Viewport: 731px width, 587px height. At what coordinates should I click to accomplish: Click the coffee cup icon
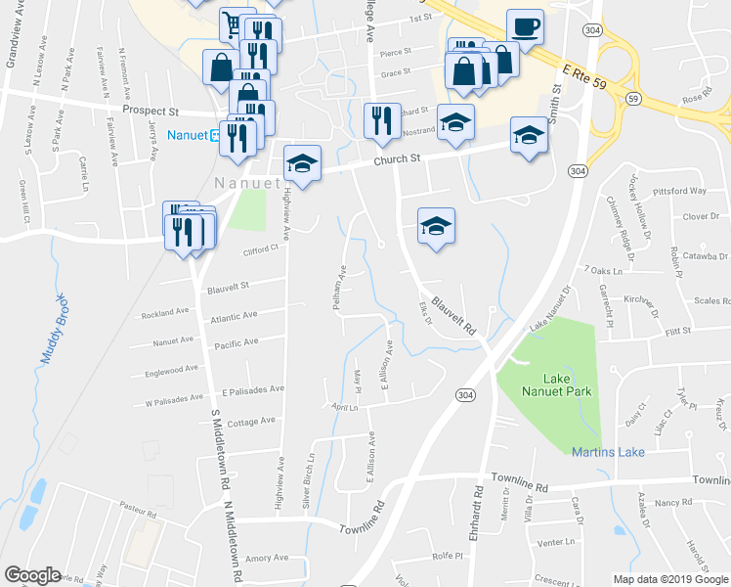click(x=525, y=27)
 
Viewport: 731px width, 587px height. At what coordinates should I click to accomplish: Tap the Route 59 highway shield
click(x=633, y=99)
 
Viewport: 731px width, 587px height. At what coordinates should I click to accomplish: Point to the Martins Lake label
click(x=600, y=450)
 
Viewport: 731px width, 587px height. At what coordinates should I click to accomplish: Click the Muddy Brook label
click(x=51, y=330)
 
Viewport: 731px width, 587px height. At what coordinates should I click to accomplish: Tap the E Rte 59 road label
click(x=587, y=78)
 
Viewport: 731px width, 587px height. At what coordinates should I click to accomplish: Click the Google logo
click(x=32, y=575)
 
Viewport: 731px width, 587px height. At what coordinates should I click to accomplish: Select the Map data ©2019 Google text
click(x=669, y=579)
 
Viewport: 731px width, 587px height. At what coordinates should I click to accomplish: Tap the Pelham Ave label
click(x=339, y=288)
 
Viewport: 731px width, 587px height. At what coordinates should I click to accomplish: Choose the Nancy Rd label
click(x=673, y=502)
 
